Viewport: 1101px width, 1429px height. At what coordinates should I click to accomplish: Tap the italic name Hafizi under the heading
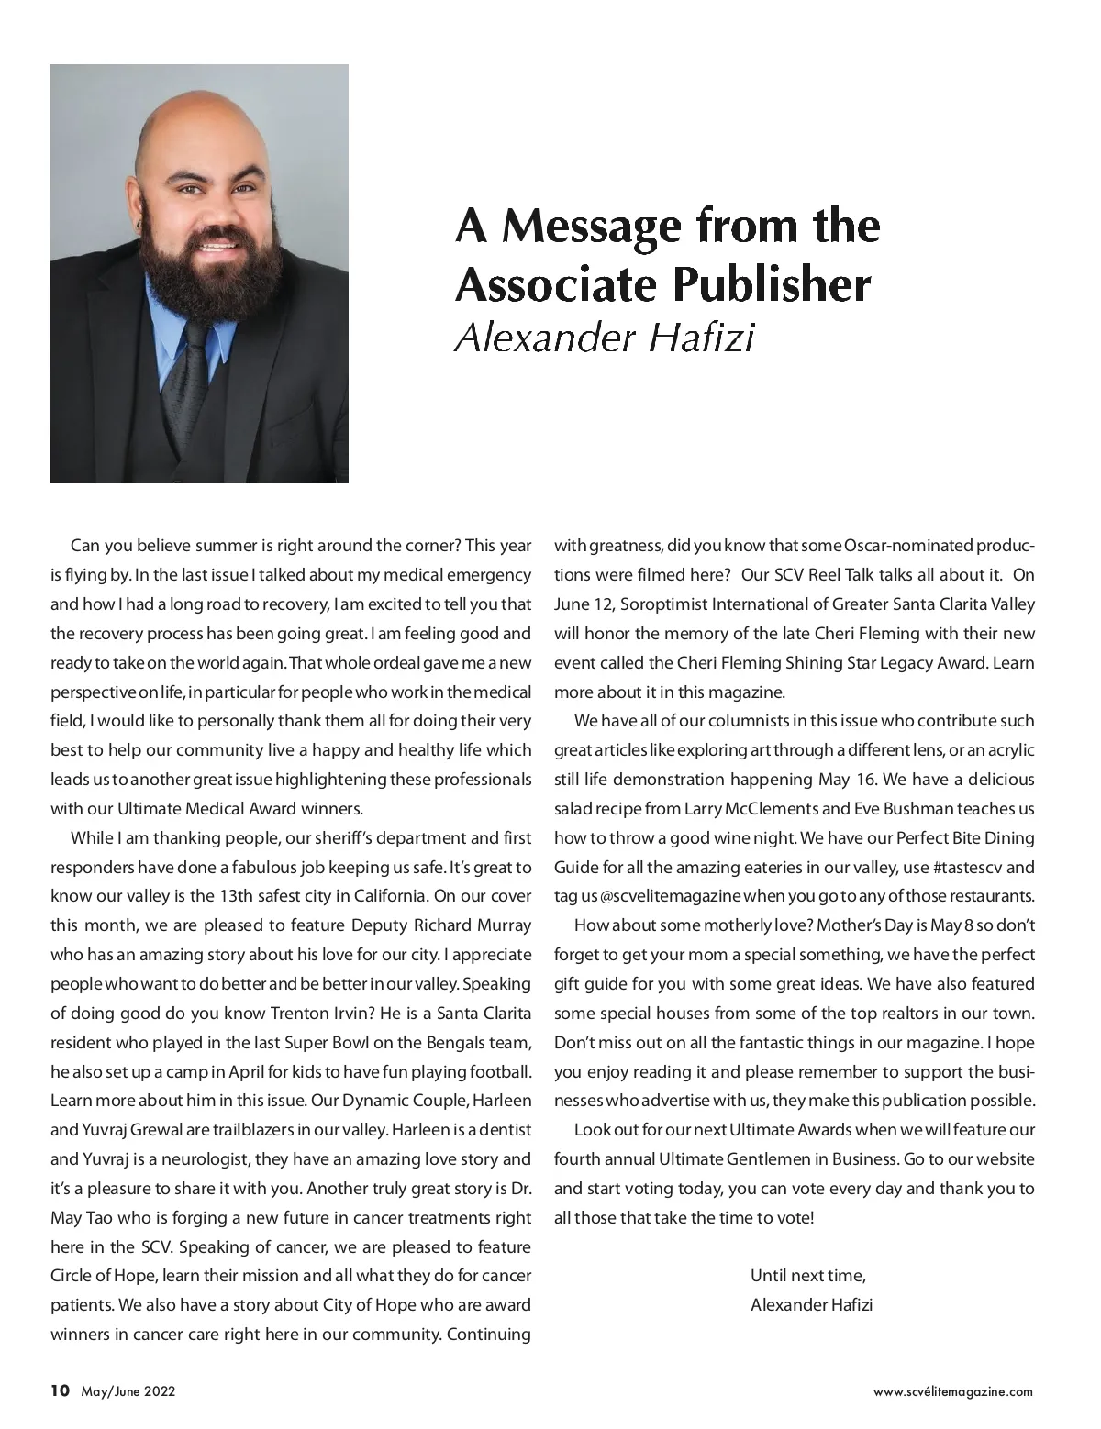coord(701,338)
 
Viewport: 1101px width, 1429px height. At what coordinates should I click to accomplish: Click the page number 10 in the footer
coord(60,1390)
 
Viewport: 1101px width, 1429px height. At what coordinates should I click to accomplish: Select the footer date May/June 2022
coord(128,1391)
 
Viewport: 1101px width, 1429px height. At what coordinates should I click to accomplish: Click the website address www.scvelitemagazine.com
coord(953,1391)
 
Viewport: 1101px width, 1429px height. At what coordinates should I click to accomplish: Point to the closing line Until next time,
coord(808,1275)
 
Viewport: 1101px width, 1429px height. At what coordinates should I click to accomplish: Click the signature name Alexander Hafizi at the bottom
coord(811,1304)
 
